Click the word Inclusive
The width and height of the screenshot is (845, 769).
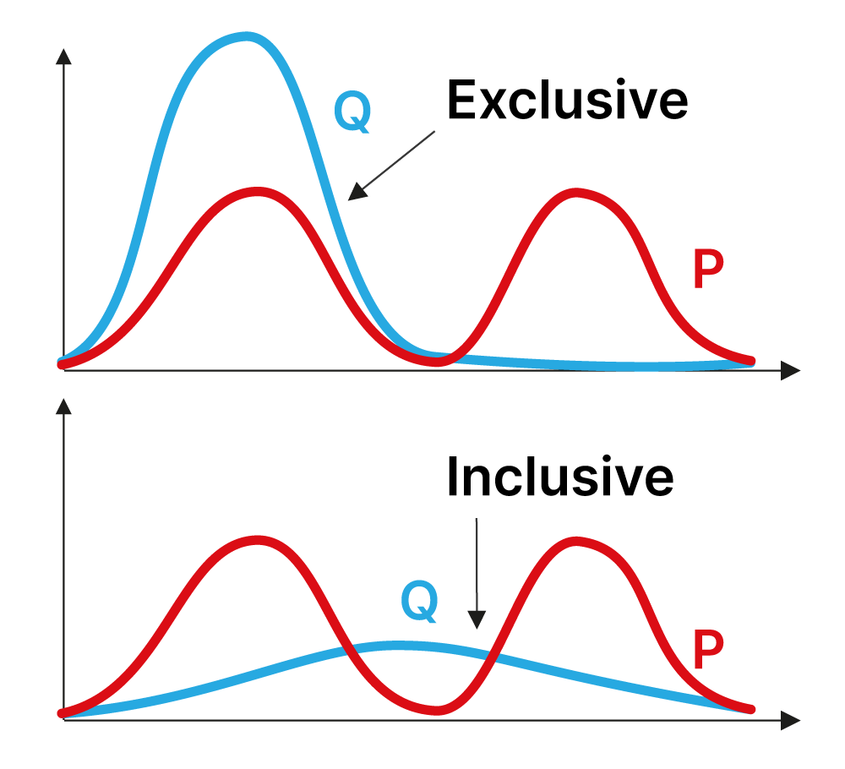point(560,477)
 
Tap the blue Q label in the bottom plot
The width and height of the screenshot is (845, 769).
point(419,600)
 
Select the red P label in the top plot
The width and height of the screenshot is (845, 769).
point(707,270)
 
